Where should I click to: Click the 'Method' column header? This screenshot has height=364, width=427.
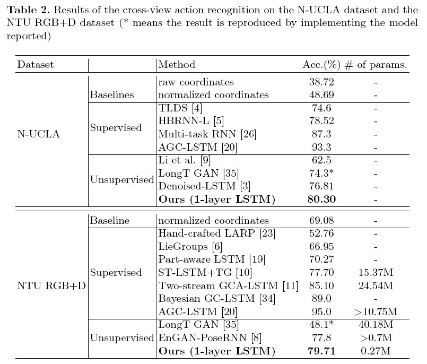(177, 65)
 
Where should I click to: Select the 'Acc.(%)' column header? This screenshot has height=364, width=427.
(321, 65)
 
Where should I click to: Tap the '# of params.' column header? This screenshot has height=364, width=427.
(376, 65)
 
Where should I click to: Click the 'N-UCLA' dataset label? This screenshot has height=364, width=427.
(38, 134)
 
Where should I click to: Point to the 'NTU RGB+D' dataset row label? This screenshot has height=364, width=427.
(51, 286)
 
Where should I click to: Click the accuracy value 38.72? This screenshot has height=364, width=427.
(321, 82)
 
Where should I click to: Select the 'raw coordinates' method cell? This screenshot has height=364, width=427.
(196, 82)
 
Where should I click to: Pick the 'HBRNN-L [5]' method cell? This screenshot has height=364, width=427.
(191, 120)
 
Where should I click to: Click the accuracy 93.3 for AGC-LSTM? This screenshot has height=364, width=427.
(321, 147)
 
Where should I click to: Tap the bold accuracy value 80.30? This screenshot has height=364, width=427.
(321, 199)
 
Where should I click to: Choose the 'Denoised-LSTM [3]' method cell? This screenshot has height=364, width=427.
(204, 186)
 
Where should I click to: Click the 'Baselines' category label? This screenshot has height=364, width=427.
(112, 95)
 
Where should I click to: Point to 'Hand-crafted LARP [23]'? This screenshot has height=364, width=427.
(217, 233)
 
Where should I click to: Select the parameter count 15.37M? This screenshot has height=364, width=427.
(376, 272)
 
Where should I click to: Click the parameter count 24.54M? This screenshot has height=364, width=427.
(376, 285)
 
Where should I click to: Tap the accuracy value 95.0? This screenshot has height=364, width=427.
(321, 311)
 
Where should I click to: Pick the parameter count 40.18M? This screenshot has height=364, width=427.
(376, 325)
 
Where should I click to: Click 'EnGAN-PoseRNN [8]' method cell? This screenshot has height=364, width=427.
(210, 338)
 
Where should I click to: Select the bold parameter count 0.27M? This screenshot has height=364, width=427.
(376, 351)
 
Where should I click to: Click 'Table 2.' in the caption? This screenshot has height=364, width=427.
(29, 10)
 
